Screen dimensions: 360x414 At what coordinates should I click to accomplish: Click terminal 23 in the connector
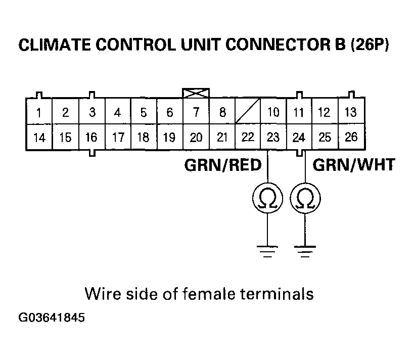click(x=273, y=137)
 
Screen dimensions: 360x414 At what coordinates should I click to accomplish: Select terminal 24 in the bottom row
click(x=299, y=137)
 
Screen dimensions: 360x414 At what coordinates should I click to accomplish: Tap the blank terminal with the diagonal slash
click(x=248, y=111)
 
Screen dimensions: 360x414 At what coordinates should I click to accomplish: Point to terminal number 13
click(x=350, y=112)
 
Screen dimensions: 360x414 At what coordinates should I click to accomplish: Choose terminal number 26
click(x=350, y=137)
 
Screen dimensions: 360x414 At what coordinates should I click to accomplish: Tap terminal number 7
click(x=196, y=112)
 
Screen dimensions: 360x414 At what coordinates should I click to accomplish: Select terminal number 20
click(x=196, y=137)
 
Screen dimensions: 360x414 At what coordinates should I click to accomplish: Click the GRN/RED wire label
click(x=223, y=165)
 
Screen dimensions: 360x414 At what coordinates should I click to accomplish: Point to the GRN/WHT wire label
click(x=353, y=165)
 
